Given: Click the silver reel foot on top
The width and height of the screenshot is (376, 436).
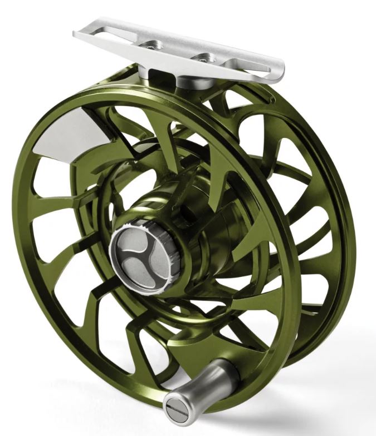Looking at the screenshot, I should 178,53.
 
